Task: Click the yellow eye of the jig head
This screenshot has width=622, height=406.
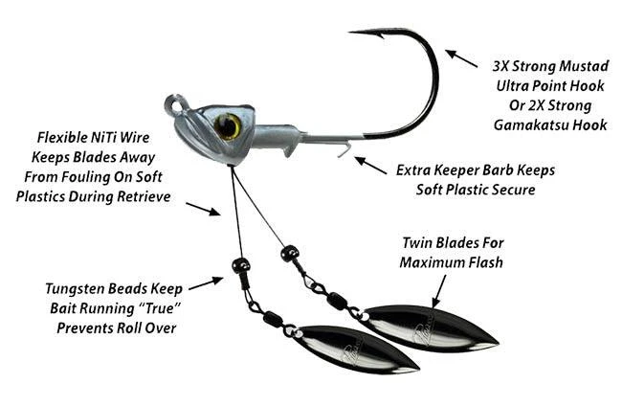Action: click(229, 124)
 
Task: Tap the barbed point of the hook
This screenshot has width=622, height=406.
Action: click(356, 34)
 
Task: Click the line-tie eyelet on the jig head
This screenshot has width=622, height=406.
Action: click(172, 101)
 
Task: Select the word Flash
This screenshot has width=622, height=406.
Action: click(479, 262)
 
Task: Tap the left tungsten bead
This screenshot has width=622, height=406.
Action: click(239, 264)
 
